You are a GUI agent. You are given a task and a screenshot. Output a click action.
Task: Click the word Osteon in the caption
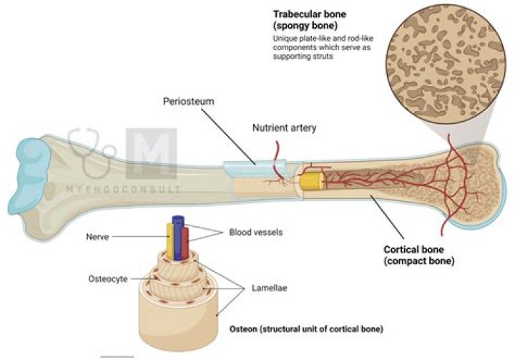coord(245,329)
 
